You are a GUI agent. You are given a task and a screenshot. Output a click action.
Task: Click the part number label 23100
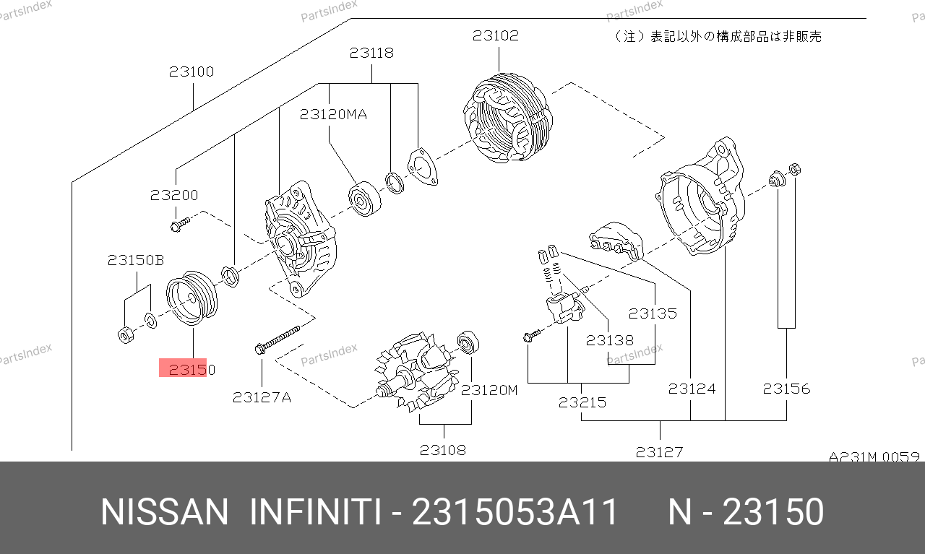pyautogui.click(x=192, y=72)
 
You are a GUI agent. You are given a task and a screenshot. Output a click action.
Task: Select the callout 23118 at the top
pyautogui.click(x=371, y=53)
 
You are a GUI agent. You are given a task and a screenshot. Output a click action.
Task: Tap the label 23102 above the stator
pyautogui.click(x=496, y=35)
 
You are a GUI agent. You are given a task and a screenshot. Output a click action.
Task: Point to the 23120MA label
pyautogui.click(x=333, y=114)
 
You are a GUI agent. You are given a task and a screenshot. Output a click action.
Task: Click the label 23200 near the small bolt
pyautogui.click(x=174, y=195)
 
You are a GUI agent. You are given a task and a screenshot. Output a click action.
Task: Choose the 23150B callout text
pyautogui.click(x=136, y=260)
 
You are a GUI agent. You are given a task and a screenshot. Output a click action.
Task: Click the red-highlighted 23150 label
pyautogui.click(x=192, y=370)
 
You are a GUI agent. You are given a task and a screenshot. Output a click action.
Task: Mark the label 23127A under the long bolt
pyautogui.click(x=262, y=397)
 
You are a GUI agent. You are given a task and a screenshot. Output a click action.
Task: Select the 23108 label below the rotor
pyautogui.click(x=443, y=450)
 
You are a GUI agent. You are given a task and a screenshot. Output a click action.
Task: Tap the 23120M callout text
pyautogui.click(x=489, y=390)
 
